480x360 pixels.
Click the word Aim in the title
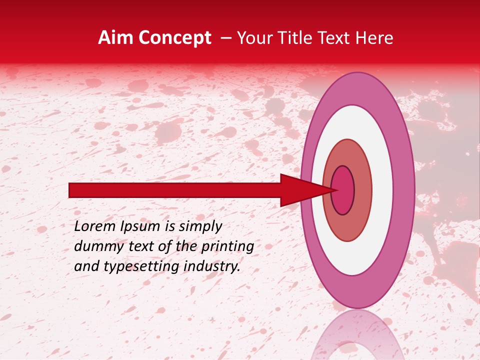click(x=113, y=38)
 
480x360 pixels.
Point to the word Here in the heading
click(x=374, y=38)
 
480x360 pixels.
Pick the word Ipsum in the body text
click(x=141, y=226)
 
